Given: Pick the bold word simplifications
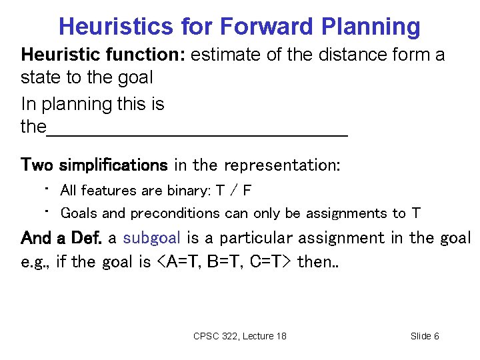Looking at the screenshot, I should [113, 164].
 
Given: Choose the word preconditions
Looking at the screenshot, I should [175, 214].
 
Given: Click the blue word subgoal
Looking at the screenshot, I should [152, 238].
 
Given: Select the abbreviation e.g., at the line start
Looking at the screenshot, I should [36, 262].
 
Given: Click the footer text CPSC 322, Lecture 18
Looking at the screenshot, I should [239, 336].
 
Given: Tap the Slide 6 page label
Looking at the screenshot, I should [425, 336].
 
